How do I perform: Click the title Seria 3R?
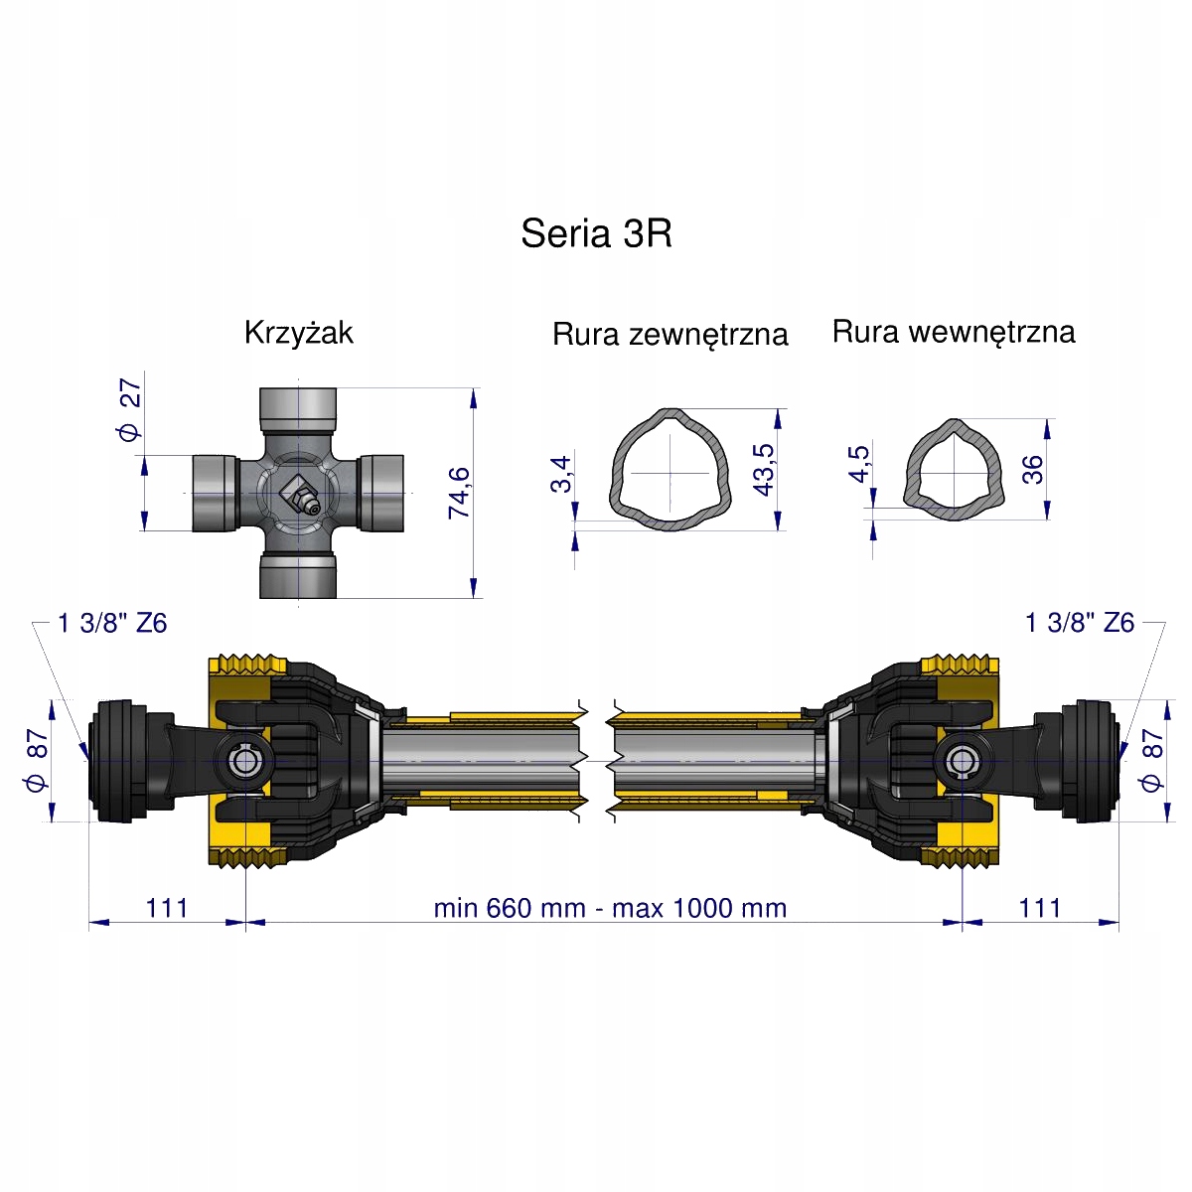[x=596, y=233]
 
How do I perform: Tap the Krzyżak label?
[x=299, y=333]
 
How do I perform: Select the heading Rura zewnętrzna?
[x=670, y=335]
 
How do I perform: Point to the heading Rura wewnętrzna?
[x=954, y=332]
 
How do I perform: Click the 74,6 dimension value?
[x=460, y=493]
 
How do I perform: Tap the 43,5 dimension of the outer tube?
[x=764, y=470]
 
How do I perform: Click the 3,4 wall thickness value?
[x=561, y=474]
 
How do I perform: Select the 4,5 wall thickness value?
[x=859, y=463]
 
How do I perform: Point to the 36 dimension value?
[x=1033, y=470]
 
